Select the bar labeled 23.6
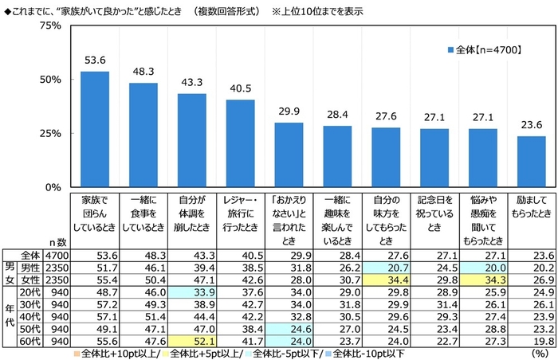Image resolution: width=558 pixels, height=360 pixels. [x=532, y=162]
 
